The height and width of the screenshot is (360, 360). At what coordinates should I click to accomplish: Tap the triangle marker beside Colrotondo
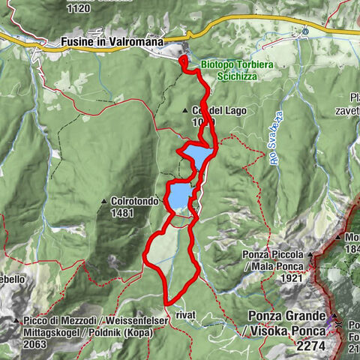click(103, 202)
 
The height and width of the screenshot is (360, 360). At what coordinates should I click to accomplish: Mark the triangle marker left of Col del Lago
click(185, 111)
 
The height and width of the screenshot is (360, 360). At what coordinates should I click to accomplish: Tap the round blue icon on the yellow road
click(305, 31)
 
